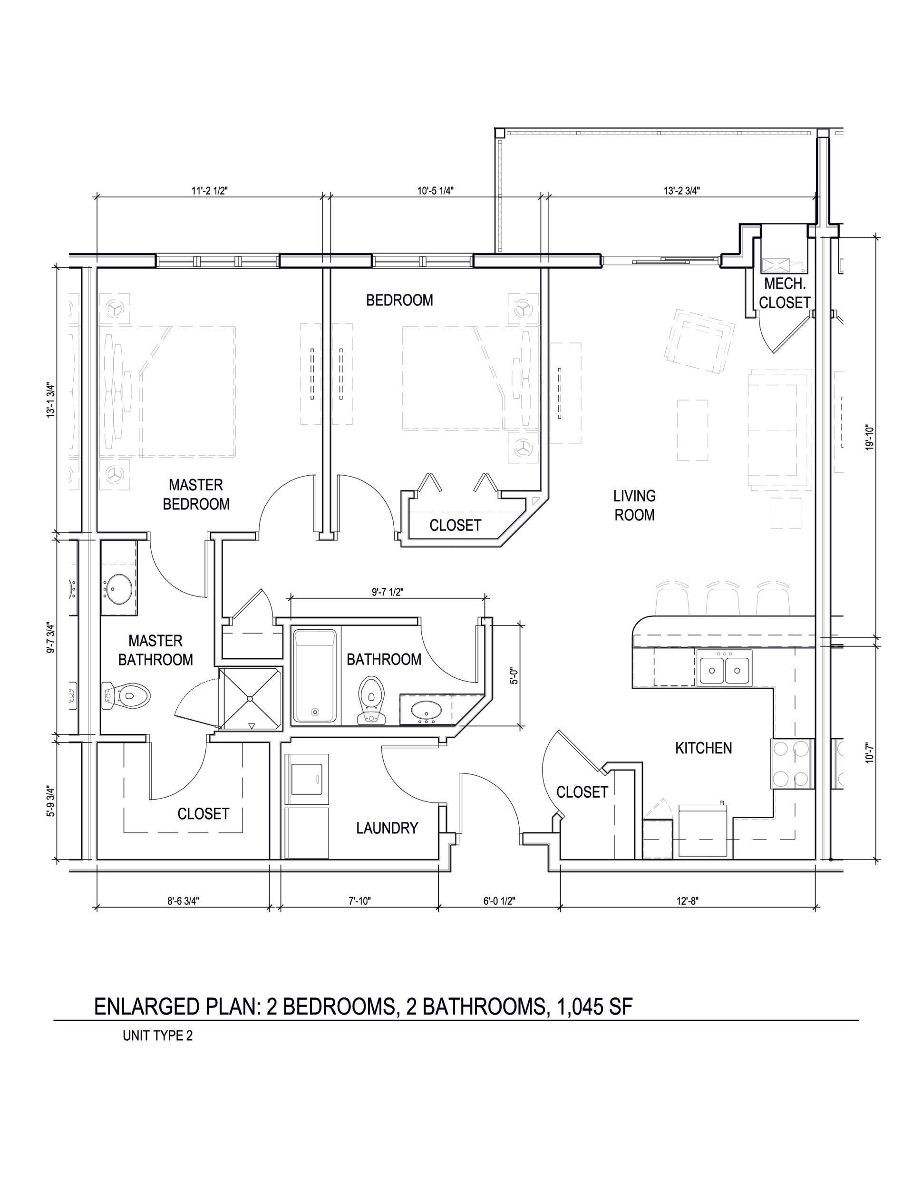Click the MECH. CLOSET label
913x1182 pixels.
coord(784,293)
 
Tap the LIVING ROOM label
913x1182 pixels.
coord(634,505)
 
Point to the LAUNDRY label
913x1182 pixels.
coord(387,828)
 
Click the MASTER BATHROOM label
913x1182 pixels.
coord(155,650)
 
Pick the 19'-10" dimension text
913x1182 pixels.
coord(870,437)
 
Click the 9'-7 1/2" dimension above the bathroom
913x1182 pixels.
coord(387,592)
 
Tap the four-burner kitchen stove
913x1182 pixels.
coord(791,763)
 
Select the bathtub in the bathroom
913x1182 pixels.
coord(314,676)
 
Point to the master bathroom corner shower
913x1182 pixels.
coord(250,699)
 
